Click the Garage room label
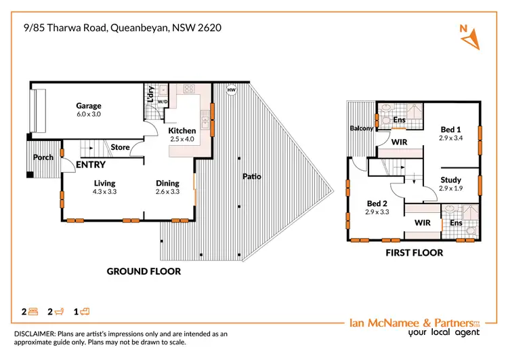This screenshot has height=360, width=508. tap(89, 106)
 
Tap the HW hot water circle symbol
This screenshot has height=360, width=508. tap(232, 90)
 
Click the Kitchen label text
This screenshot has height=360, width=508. tap(182, 131)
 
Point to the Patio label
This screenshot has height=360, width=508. tap(252, 177)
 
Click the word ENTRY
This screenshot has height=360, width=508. tap(90, 165)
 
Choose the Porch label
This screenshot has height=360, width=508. tap(43, 157)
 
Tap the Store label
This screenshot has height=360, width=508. tap(120, 147)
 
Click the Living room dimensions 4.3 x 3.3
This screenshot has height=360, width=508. tap(105, 192)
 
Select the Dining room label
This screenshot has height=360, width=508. tap(167, 183)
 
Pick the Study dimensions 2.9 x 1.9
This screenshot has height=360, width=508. tap(450, 188)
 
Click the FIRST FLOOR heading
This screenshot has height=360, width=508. tap(414, 253)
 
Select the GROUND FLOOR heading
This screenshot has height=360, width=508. tap(144, 271)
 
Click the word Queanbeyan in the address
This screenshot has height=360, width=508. tap(146, 28)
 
